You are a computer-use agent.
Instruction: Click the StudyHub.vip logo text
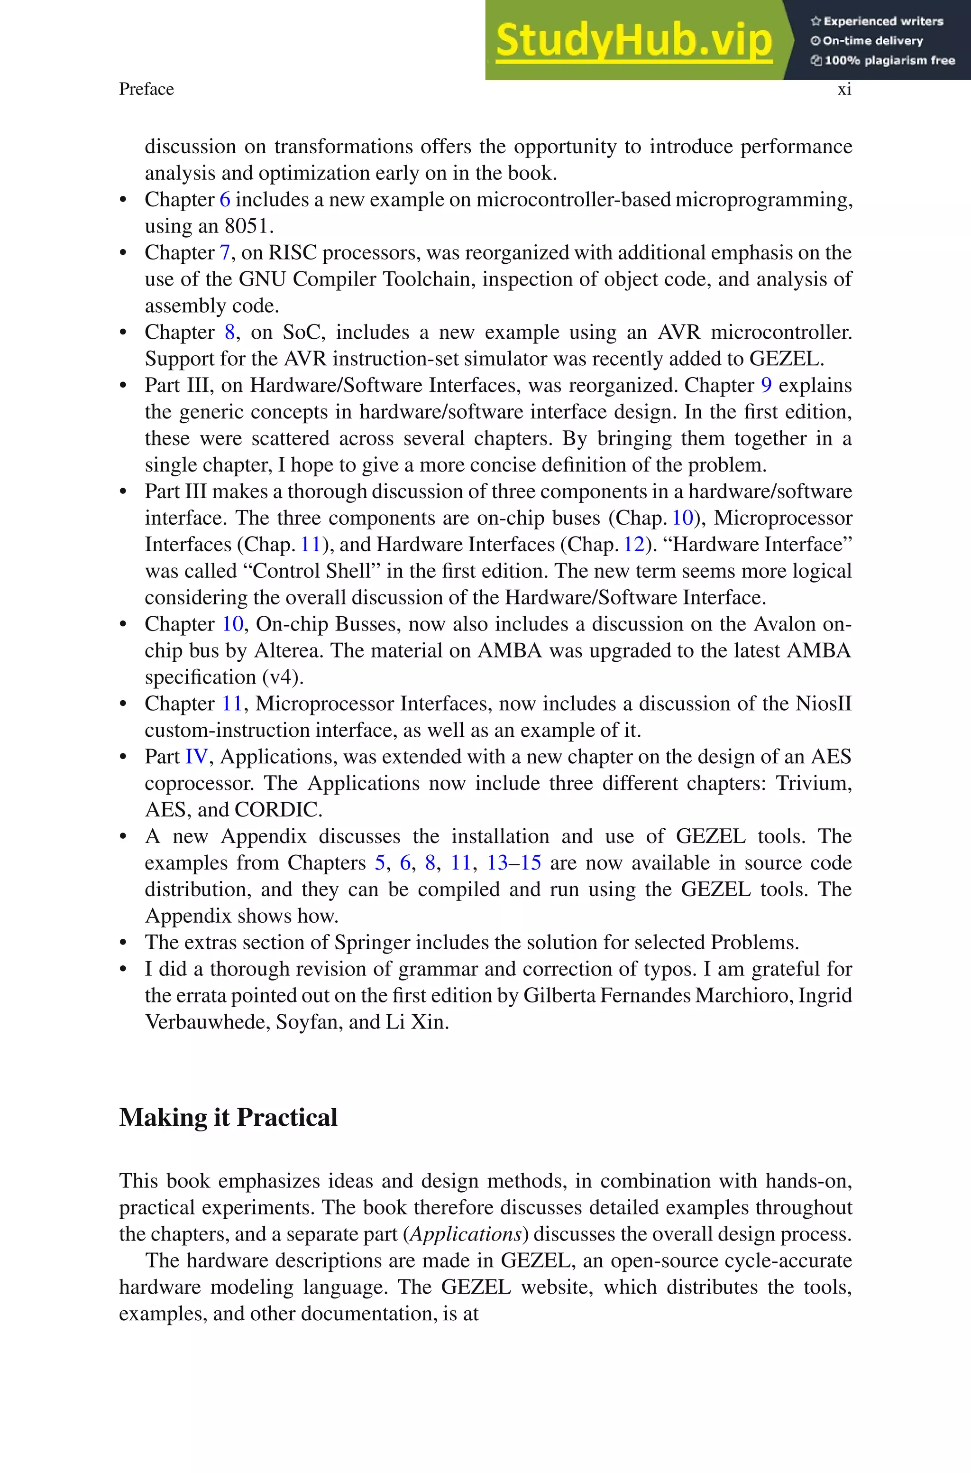point(633,41)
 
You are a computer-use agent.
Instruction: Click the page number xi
point(844,89)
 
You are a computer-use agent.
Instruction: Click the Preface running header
point(146,89)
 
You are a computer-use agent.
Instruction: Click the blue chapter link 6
point(225,199)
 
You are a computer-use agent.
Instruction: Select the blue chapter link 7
point(225,253)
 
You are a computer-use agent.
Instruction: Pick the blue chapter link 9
point(766,385)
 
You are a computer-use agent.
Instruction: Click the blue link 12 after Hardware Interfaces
point(634,545)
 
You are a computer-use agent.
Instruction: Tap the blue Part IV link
point(197,757)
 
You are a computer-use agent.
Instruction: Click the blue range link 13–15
point(514,863)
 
